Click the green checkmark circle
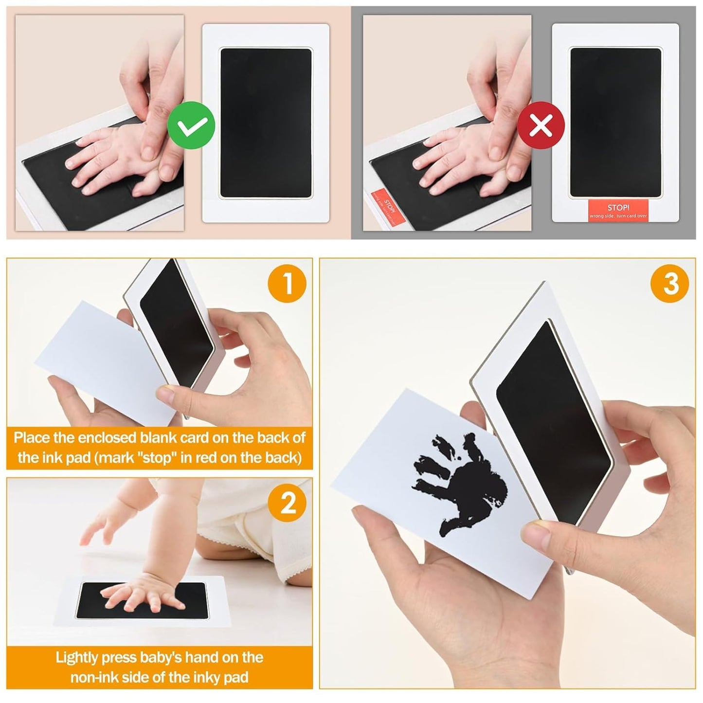(x=191, y=126)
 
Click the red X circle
(x=541, y=126)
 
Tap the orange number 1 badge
(x=287, y=283)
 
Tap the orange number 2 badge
(x=288, y=502)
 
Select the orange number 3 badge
(x=670, y=283)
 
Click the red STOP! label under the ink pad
(x=618, y=211)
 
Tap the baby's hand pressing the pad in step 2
(x=141, y=596)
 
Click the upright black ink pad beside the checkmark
(x=266, y=123)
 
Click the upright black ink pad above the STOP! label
(x=615, y=123)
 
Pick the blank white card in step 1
(x=97, y=360)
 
